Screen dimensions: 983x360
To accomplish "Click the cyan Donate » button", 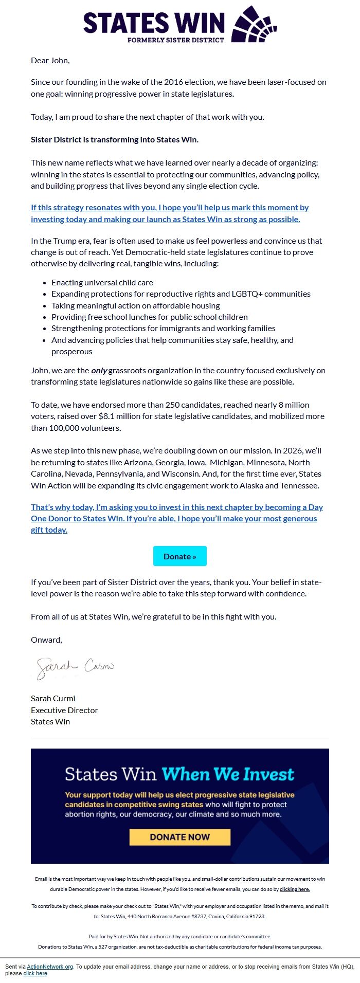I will (x=179, y=556).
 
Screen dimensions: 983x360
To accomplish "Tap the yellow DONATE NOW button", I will (x=179, y=837).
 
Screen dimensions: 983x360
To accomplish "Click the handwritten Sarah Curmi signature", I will (x=75, y=667).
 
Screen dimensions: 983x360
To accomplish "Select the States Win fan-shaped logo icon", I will (x=255, y=24).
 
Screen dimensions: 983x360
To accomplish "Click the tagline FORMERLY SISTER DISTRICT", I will (x=176, y=40).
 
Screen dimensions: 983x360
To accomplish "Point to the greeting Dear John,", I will (x=50, y=60).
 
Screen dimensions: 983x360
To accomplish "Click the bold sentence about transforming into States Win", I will (x=114, y=139).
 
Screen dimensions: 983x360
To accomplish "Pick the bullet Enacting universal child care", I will (x=102, y=282).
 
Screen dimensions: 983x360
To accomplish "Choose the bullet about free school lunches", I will (x=149, y=317).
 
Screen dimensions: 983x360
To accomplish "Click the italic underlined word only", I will (x=99, y=370).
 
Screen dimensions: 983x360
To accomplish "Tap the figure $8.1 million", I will (x=121, y=416).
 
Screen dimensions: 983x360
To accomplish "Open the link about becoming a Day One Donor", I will (x=176, y=518).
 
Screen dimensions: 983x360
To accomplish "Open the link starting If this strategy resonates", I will (x=170, y=213).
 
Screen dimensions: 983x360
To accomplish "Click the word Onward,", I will (x=46, y=640).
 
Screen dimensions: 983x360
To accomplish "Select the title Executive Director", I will (x=64, y=710).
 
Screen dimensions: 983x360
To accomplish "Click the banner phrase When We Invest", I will (x=227, y=774).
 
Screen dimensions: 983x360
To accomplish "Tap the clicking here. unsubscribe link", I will (x=295, y=889).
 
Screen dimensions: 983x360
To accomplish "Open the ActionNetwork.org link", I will (x=50, y=967).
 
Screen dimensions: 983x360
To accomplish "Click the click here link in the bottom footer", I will (x=35, y=973).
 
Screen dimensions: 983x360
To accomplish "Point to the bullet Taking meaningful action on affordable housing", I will (x=135, y=305).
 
